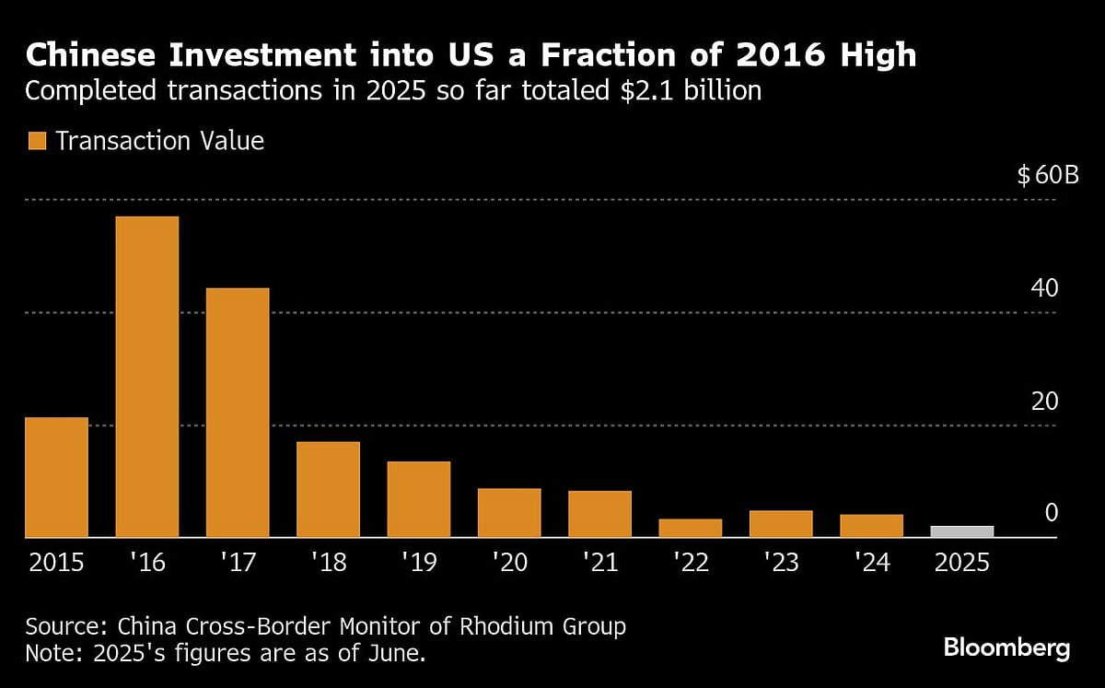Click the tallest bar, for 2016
pos(147,377)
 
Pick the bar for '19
pos(419,499)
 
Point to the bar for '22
pos(691,528)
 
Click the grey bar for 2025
pos(962,531)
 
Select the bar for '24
pos(871,526)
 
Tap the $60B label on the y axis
pos(1047,175)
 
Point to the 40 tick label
pos(1046,288)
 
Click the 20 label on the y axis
pos(1046,402)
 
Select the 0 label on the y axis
pos(1052,514)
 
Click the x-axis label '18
pos(329,562)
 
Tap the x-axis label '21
pos(600,562)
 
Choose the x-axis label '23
pos(781,562)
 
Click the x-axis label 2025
pos(962,562)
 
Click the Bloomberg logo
pos(1006,647)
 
